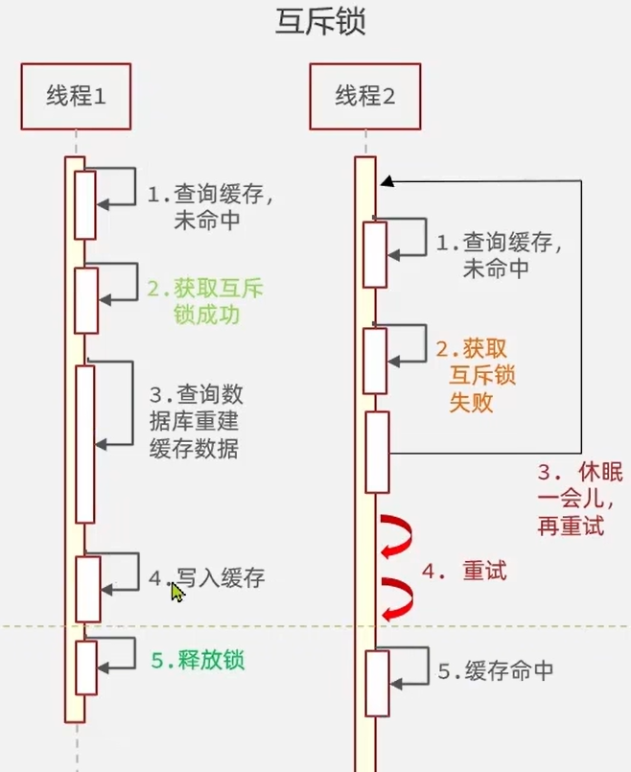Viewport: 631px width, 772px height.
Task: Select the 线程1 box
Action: coord(76,96)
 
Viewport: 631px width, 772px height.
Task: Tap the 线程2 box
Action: coord(364,96)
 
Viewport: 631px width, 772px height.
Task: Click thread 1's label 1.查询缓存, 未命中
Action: coord(209,206)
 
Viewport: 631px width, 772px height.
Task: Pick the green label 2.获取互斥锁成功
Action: coord(205,301)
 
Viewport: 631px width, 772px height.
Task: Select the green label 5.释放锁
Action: coord(198,661)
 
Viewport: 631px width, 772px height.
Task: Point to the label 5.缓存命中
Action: coord(495,671)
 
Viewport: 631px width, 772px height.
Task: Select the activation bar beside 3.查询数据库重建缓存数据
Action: coord(85,442)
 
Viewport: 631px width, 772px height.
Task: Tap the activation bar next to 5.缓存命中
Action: coord(376,683)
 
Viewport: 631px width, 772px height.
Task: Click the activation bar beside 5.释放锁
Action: coord(86,667)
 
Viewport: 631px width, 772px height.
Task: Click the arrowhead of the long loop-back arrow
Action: coord(384,180)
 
